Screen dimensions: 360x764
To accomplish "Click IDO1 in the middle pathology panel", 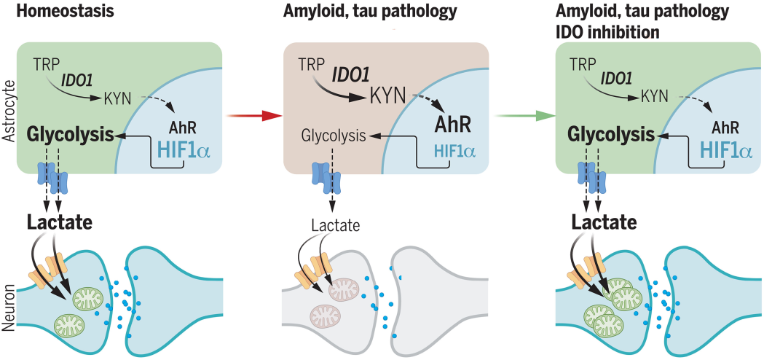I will point(353,73).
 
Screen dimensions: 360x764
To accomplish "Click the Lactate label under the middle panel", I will point(336,226).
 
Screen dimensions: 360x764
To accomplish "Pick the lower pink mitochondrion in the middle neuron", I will point(326,316).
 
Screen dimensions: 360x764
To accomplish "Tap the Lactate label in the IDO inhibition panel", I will point(604,222).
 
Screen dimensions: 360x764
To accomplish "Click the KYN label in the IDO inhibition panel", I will point(654,95).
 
